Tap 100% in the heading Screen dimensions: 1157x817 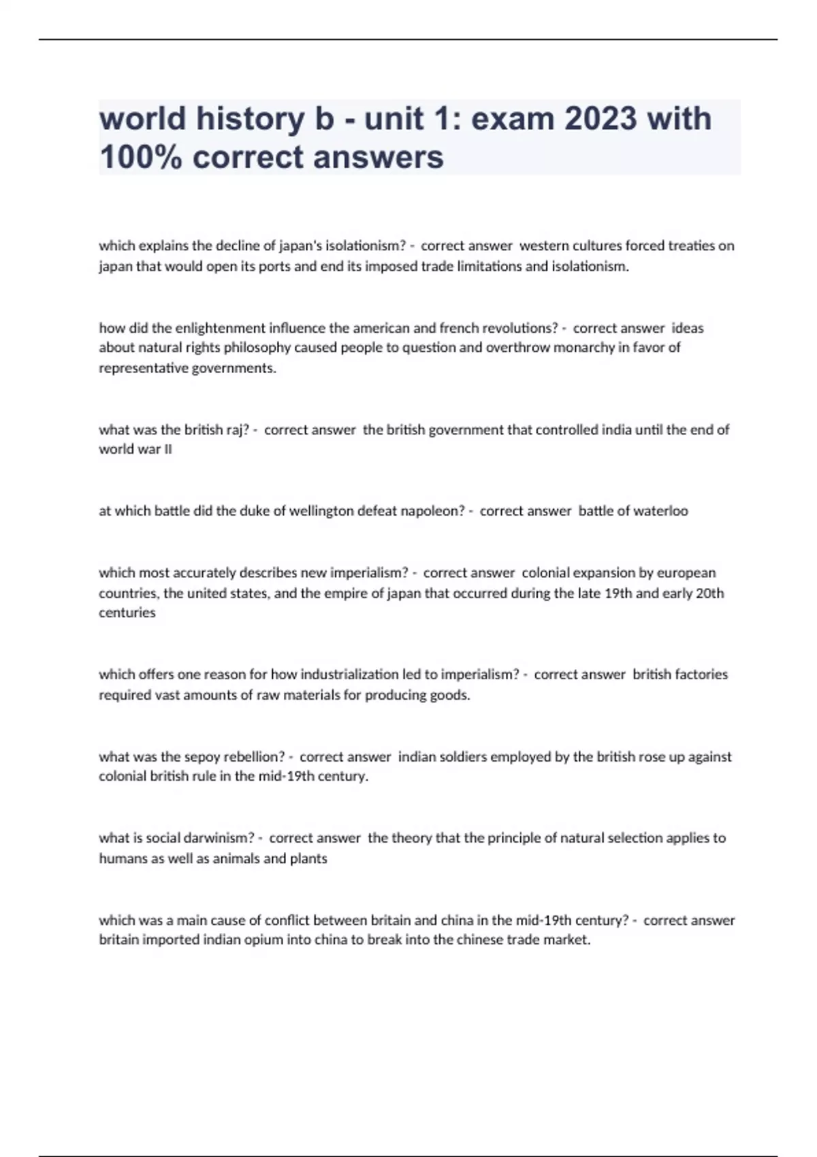point(140,157)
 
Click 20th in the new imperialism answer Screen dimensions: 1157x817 point(710,593)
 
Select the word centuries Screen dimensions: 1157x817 point(127,613)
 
